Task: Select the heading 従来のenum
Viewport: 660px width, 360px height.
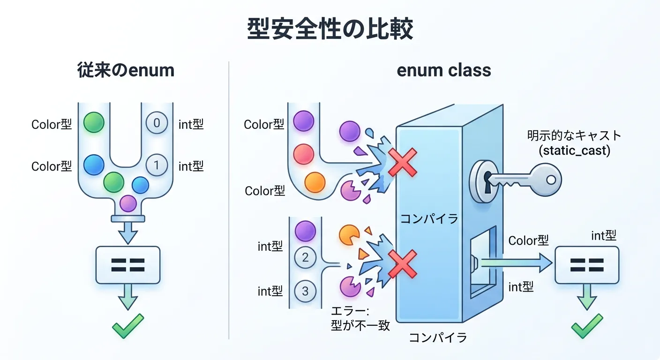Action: pyautogui.click(x=126, y=70)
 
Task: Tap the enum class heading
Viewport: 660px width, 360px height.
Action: pyautogui.click(x=443, y=70)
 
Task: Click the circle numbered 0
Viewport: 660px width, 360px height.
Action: pyautogui.click(x=157, y=123)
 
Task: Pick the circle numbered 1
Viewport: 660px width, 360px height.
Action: pyautogui.click(x=157, y=165)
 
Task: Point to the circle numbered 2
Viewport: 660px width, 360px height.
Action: pyautogui.click(x=305, y=257)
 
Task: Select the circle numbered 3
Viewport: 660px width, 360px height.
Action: pyautogui.click(x=305, y=291)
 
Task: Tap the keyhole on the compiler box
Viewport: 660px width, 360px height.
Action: pyautogui.click(x=488, y=180)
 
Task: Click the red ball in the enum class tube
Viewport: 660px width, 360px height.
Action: pyautogui.click(x=303, y=153)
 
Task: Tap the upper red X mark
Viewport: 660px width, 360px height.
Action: pyautogui.click(x=403, y=162)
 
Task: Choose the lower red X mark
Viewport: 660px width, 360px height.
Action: pyautogui.click(x=403, y=264)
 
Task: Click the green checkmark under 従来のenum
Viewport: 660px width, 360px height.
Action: pyautogui.click(x=127, y=326)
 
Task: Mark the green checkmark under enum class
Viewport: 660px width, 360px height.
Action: pyautogui.click(x=586, y=326)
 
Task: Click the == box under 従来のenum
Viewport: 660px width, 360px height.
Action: pyautogui.click(x=127, y=265)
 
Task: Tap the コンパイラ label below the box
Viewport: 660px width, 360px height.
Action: pyautogui.click(x=438, y=337)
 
